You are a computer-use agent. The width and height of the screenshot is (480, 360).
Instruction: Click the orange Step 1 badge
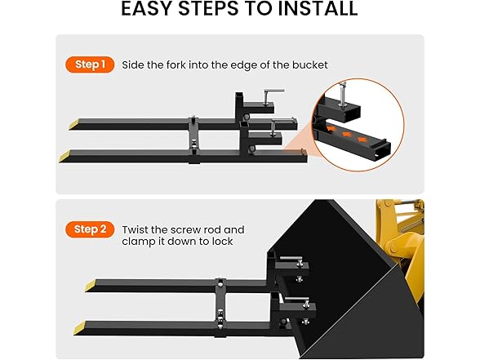point(90,64)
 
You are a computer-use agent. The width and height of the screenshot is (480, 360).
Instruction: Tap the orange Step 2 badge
point(90,229)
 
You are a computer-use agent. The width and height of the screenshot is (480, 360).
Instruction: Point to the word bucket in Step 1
point(310,65)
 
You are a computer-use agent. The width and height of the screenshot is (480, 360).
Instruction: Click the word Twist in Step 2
point(135,229)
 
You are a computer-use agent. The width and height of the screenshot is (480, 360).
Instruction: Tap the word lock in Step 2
point(222,242)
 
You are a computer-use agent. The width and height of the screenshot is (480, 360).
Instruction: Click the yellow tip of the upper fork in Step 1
point(74,125)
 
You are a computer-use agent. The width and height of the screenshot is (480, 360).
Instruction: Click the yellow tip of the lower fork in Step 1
point(66,157)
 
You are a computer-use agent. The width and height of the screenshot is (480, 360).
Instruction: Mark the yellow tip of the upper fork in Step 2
point(91,286)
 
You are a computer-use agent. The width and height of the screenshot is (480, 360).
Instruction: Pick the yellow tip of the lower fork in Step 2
point(80,328)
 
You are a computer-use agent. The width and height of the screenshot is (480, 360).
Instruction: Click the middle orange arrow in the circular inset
point(346,135)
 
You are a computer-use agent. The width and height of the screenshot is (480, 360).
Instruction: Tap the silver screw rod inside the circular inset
point(341,94)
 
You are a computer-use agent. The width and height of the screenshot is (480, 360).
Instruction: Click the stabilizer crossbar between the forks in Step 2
point(220,308)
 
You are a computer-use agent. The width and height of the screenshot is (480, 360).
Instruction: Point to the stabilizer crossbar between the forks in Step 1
point(193,140)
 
